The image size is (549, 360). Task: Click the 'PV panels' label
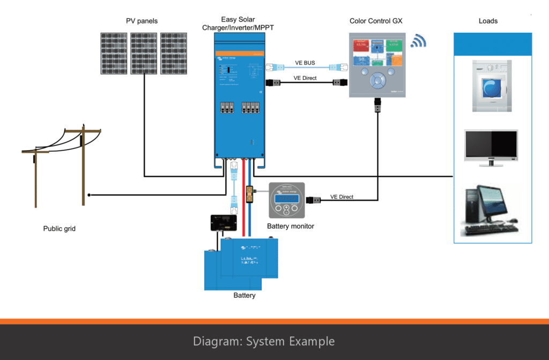[142, 21]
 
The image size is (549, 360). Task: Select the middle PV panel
[144, 53]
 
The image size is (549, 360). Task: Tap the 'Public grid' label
[59, 229]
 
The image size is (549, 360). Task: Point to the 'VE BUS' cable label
[306, 63]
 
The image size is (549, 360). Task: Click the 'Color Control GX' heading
[375, 21]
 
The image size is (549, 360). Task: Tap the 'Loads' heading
[488, 21]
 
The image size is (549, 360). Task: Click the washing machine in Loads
[493, 86]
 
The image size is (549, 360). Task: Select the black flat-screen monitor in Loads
[491, 145]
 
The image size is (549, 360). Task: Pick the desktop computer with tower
[489, 210]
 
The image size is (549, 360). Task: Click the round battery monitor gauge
[286, 200]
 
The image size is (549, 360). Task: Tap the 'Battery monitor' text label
[291, 226]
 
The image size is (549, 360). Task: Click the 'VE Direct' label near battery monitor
[342, 197]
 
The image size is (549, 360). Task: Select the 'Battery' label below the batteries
[244, 295]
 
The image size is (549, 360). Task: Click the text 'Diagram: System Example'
[264, 341]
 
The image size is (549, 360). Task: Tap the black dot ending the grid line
[90, 195]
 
